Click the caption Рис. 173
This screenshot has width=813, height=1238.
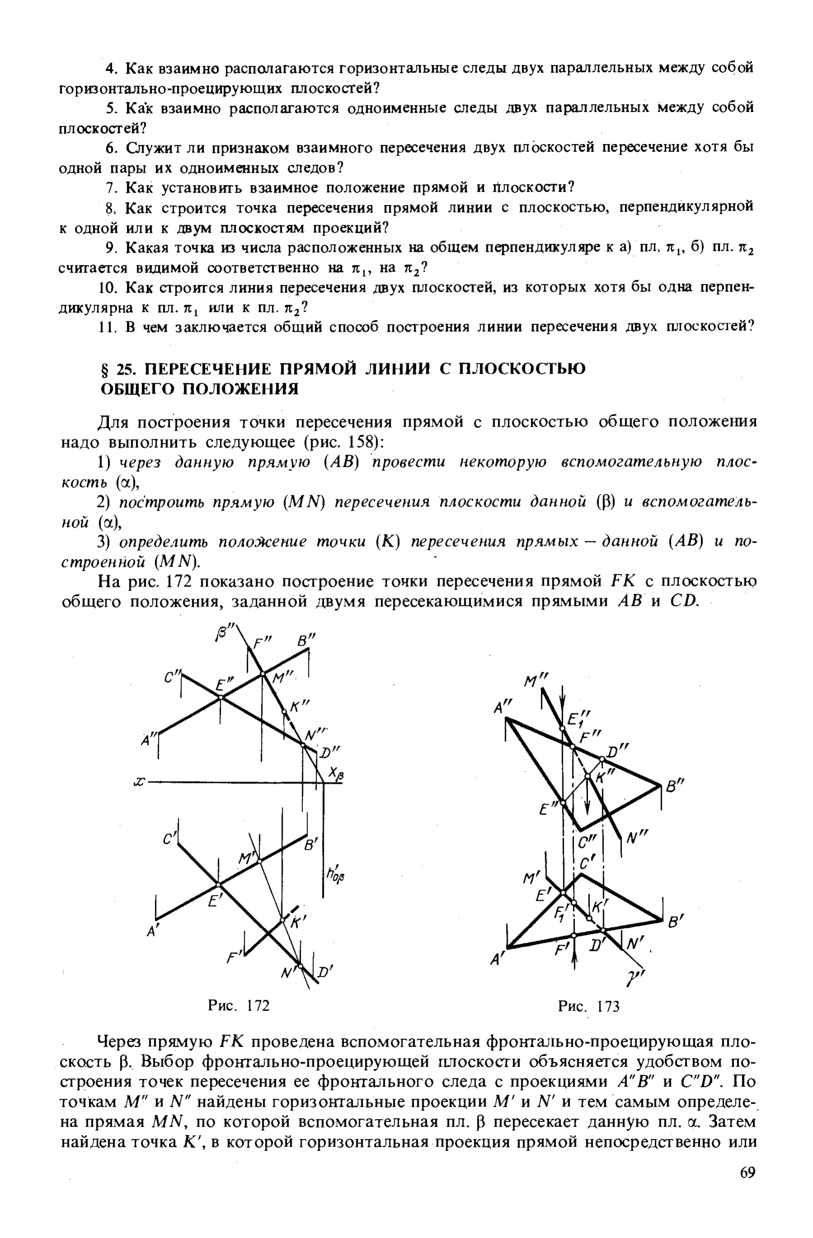point(589,1006)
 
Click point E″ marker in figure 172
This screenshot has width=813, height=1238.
point(220,697)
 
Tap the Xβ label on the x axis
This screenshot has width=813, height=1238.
point(337,775)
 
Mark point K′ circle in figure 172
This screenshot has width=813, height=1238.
point(283,920)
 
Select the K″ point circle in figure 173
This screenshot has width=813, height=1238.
point(587,776)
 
